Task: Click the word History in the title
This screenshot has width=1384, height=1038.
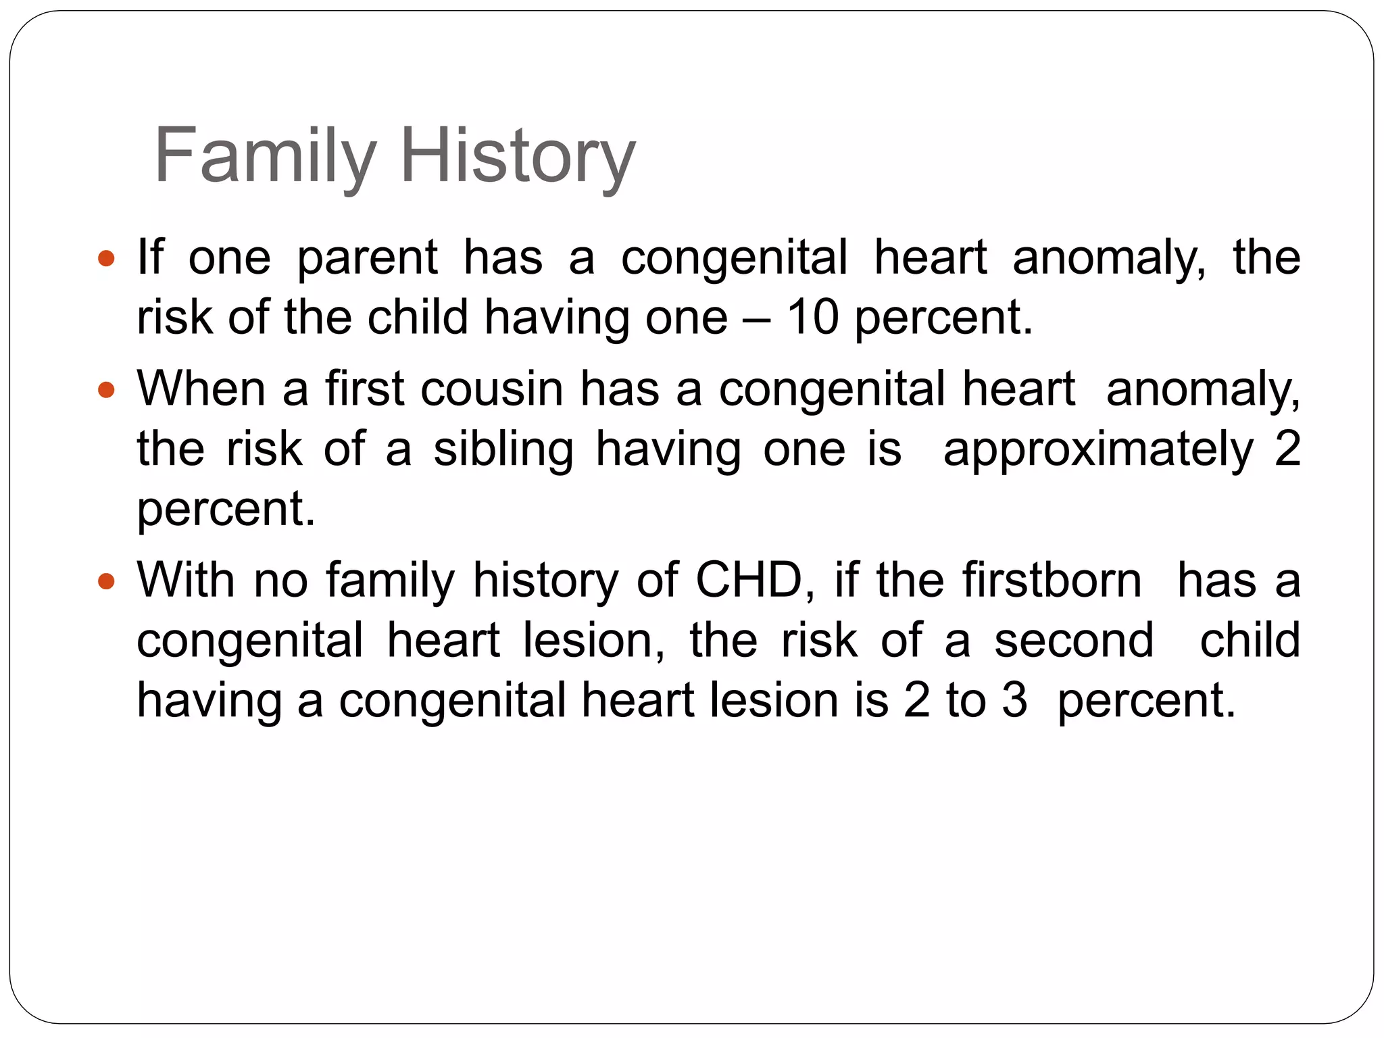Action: click(518, 156)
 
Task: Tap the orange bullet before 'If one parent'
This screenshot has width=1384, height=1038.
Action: click(107, 258)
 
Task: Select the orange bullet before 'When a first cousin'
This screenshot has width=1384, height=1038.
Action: click(107, 390)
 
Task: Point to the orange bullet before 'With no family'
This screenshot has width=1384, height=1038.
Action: click(107, 580)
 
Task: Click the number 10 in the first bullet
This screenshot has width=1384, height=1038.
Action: click(812, 317)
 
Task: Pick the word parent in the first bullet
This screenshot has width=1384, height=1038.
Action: click(367, 258)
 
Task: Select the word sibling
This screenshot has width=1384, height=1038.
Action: click(503, 449)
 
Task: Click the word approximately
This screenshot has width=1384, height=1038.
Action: click(1098, 449)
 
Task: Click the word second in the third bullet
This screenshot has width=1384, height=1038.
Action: click(1074, 640)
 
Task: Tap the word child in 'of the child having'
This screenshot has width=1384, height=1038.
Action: click(417, 317)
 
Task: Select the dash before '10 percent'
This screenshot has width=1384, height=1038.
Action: click(757, 318)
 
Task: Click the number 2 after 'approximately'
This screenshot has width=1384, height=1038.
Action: click(1287, 449)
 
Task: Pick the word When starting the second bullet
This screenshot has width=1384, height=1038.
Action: click(201, 389)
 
